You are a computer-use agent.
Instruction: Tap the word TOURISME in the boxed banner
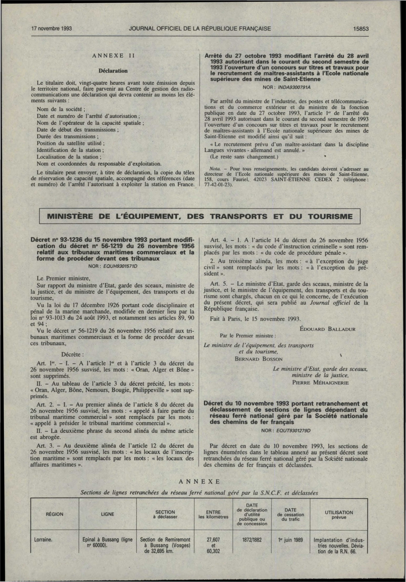click(x=330, y=216)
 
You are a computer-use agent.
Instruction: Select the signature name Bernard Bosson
click(x=259, y=359)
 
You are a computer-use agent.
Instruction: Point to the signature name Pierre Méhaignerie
click(x=320, y=383)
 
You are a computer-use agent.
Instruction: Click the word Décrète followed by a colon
click(x=73, y=354)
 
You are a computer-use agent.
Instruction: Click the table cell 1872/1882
click(x=252, y=540)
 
